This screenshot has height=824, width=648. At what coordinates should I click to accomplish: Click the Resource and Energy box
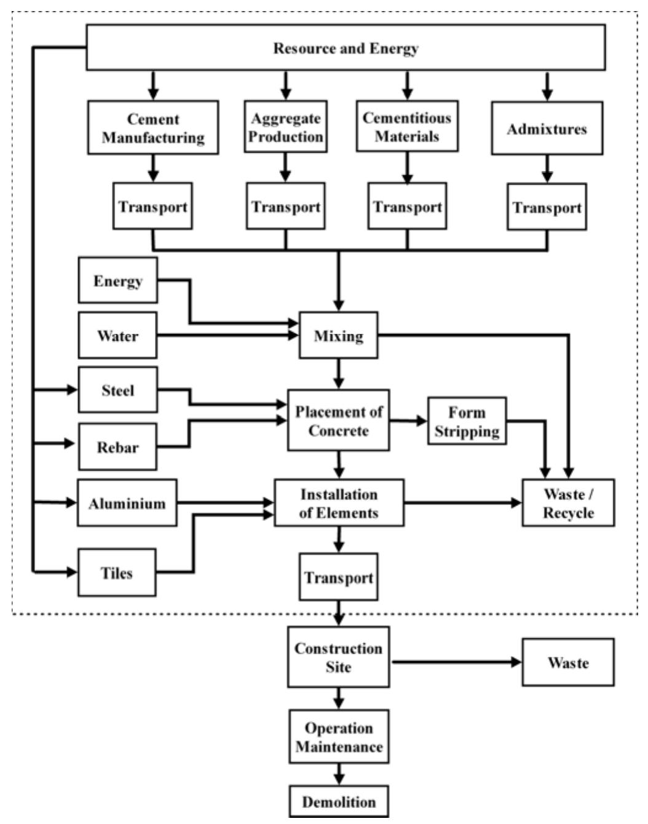tap(346, 47)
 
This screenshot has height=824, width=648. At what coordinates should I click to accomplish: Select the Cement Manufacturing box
tap(153, 128)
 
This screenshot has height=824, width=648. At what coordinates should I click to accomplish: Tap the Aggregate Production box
tap(285, 127)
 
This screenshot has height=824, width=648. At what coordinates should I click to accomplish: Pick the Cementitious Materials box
tap(407, 127)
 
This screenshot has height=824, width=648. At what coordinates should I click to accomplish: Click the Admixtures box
tap(547, 129)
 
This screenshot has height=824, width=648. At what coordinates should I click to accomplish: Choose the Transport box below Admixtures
tap(547, 207)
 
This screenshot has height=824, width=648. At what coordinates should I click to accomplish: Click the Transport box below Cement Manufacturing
tap(152, 206)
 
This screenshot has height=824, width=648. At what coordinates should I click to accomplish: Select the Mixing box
tap(338, 335)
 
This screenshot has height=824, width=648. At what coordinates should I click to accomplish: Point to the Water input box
tap(117, 335)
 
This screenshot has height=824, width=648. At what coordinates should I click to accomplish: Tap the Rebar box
tap(117, 446)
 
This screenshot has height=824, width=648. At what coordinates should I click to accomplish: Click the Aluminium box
tap(127, 503)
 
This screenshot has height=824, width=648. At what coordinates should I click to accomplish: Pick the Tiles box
tap(117, 572)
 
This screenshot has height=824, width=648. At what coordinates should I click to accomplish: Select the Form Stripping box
tap(467, 421)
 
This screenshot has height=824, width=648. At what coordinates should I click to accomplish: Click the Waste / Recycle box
tap(568, 503)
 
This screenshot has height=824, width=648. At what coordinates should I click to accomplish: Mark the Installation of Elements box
tap(339, 503)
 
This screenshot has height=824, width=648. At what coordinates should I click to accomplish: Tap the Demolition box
tap(339, 801)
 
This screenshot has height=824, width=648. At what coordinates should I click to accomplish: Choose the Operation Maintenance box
tap(339, 737)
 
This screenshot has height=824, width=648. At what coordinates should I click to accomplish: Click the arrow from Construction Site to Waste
tap(456, 662)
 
